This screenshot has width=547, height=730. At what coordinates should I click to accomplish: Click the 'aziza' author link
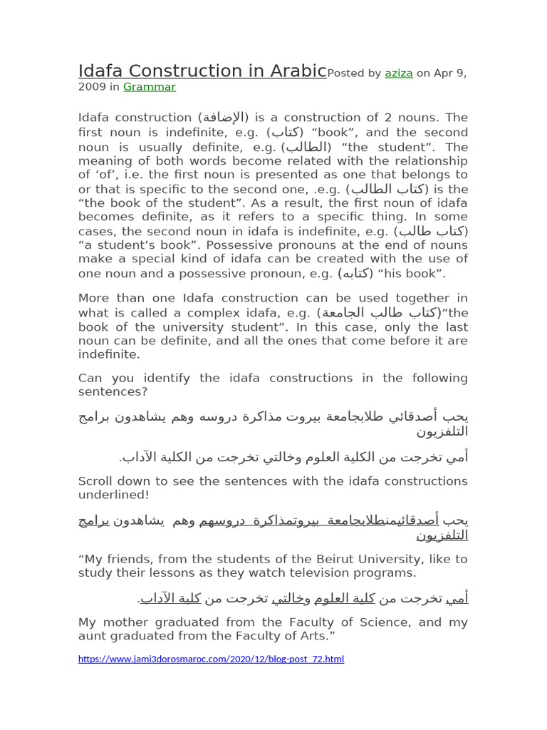399,73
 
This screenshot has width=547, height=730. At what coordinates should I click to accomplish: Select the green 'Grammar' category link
149,87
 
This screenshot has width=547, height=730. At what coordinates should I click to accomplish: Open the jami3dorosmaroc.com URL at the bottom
211,659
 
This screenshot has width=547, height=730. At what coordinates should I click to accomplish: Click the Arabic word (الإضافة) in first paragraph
224,118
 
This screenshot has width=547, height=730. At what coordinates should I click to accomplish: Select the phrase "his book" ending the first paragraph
419,274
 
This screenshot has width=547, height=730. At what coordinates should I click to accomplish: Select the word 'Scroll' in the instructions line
95,481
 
